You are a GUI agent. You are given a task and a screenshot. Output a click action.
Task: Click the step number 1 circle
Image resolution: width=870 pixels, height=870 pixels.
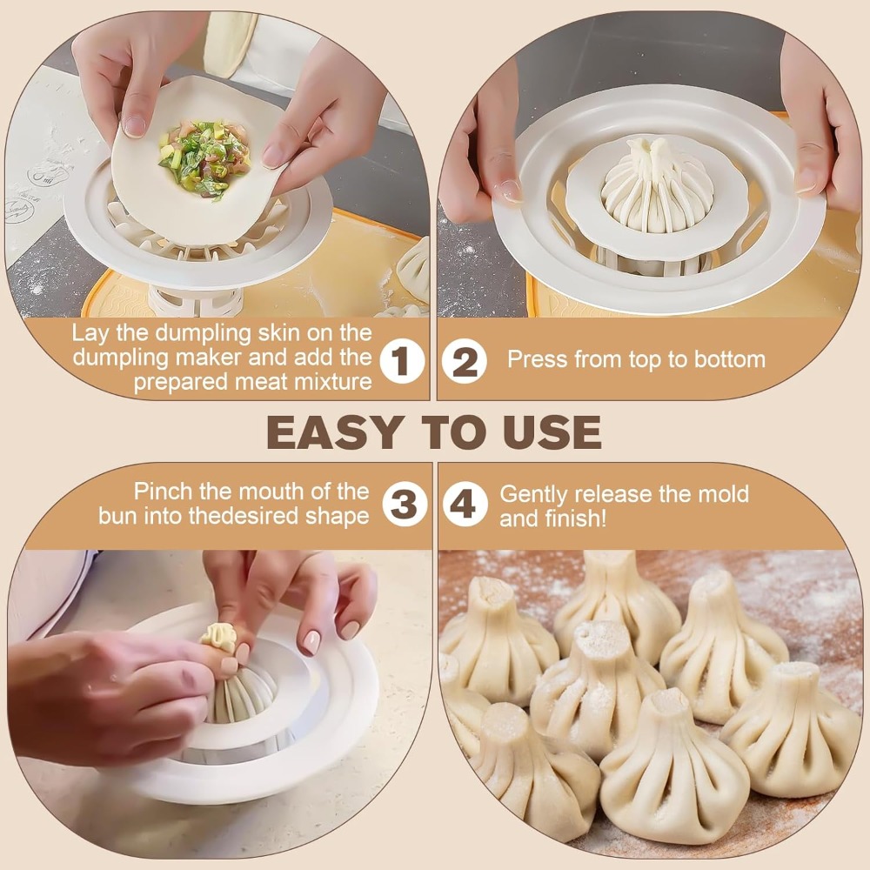coord(402,361)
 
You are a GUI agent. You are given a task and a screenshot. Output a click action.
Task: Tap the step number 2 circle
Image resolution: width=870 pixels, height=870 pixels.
coord(465,361)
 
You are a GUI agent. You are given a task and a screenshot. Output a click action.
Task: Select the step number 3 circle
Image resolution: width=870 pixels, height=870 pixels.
coord(405,504)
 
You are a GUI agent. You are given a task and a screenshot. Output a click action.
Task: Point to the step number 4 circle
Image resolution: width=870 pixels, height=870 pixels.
coord(465,504)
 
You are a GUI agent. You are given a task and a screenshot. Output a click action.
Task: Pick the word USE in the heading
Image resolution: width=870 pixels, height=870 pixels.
coord(552,432)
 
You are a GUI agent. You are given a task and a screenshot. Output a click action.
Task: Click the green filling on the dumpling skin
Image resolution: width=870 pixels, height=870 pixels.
coord(204,157)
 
